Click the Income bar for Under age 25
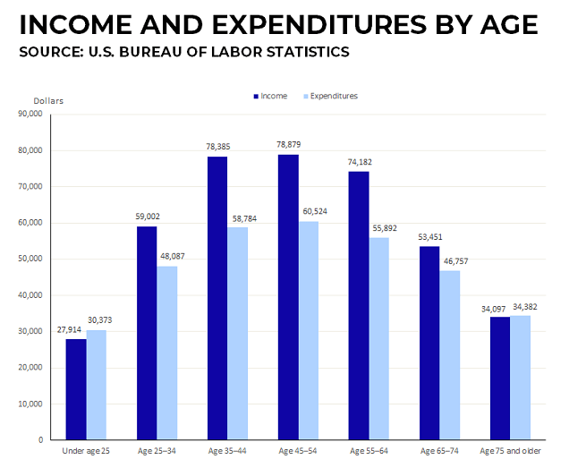coord(76,389)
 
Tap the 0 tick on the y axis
coord(40,440)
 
